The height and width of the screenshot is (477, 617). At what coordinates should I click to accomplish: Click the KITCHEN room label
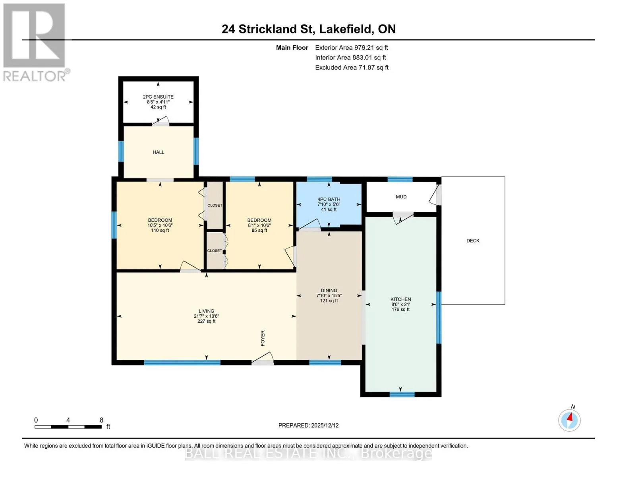point(400,299)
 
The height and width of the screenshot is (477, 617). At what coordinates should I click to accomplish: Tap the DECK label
point(473,240)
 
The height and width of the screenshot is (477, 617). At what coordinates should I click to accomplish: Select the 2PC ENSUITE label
point(158,97)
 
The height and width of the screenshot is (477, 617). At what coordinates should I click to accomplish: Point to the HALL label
point(159,152)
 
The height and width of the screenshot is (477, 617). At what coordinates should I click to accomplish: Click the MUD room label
point(401,197)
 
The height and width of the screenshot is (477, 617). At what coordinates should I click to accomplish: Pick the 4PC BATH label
point(329,200)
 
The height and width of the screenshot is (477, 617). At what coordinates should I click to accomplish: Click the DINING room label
point(329,290)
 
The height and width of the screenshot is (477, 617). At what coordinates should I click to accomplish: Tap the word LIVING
point(207,311)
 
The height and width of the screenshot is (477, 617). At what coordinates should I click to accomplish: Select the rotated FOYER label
point(263,338)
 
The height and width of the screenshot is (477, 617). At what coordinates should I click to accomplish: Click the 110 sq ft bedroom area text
point(160,231)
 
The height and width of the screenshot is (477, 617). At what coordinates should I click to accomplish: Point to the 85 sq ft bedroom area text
point(259,231)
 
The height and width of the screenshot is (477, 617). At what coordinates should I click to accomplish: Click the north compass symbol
point(569,420)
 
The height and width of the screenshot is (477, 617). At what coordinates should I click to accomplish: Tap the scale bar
point(68,427)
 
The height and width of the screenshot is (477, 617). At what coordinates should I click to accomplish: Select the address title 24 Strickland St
point(267,29)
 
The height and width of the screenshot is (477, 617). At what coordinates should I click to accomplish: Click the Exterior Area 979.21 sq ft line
point(351,48)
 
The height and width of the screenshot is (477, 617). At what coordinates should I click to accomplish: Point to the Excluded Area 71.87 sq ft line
point(352,68)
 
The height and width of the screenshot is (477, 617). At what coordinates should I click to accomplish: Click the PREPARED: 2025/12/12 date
point(308,425)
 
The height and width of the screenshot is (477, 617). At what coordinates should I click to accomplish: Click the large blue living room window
point(182,363)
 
